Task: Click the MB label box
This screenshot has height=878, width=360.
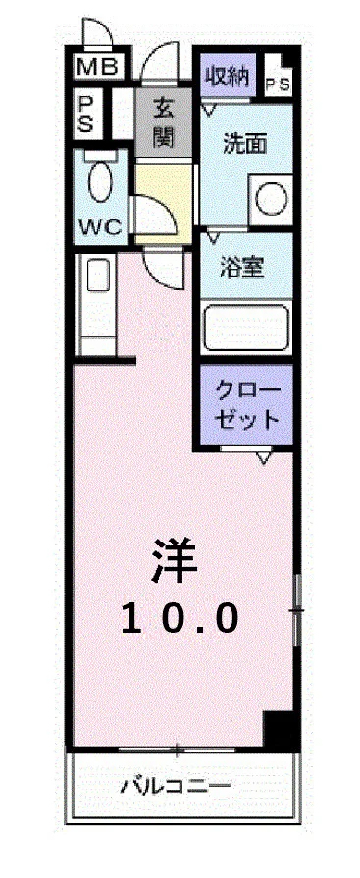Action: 98,68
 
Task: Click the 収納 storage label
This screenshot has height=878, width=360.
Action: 227,74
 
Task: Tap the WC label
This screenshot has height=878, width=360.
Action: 99,227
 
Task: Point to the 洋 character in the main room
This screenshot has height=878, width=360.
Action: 175,561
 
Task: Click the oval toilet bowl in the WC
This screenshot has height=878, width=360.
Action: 99,182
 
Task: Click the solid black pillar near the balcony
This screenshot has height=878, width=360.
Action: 281,731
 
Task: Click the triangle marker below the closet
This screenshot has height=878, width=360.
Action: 263,457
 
